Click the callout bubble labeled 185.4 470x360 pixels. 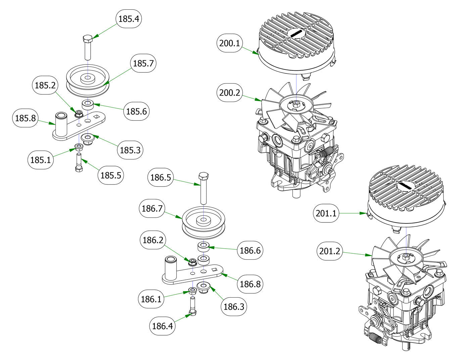coord(129,19)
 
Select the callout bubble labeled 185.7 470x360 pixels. coord(143,63)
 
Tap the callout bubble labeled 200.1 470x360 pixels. coord(230,43)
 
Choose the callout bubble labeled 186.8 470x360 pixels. coord(250,284)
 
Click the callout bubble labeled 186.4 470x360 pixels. coord(162,326)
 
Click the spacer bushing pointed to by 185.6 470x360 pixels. coord(88,104)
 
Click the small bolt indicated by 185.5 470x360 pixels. coord(79,163)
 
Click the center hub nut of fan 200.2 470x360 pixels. coord(296,104)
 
